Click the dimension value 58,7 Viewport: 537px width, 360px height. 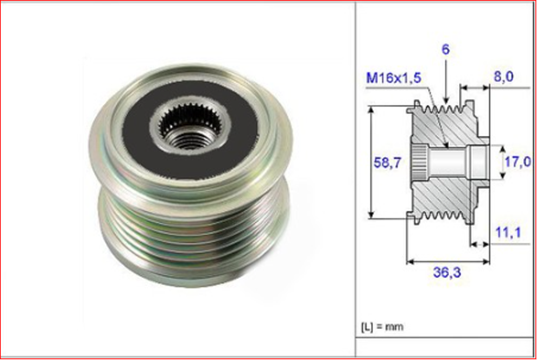coord(387,163)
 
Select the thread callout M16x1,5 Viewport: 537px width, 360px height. coord(393,78)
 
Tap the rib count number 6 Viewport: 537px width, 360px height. coord(445,49)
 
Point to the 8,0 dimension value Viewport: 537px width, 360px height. coord(503,77)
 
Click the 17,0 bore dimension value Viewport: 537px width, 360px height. coord(517,162)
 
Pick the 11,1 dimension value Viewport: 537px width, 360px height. coord(508,232)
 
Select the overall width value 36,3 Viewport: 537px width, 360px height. coord(447,272)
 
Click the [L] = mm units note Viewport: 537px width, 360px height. coord(382,326)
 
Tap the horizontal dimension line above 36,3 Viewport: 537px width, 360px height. coord(448,261)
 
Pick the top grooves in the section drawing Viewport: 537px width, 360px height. coord(440,108)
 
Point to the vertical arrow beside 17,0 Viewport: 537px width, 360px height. coord(502,163)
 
